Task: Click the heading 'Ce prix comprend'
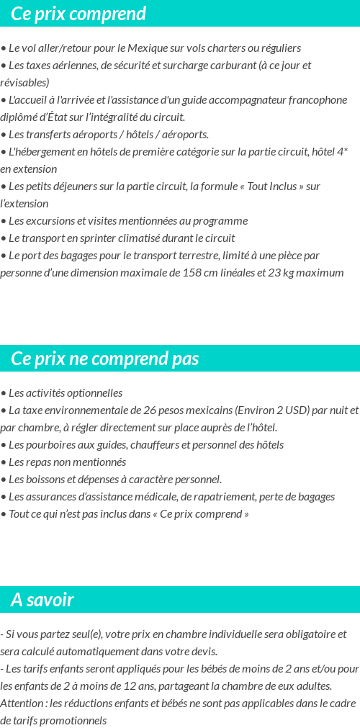coord(78,14)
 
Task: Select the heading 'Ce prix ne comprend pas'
coord(105,359)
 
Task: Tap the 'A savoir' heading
coord(42,600)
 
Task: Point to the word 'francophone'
coord(318,100)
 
